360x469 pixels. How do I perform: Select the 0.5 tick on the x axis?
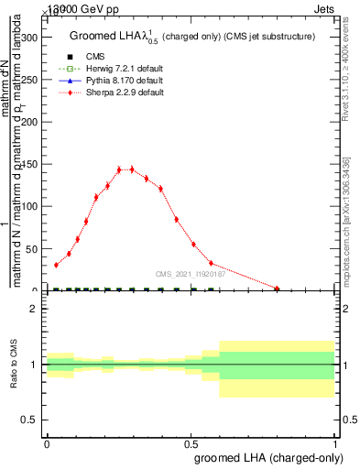coord(191,442)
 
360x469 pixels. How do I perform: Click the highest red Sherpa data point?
coord(119,169)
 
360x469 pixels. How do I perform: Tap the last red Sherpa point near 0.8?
coord(277,289)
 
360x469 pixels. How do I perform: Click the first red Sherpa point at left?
coord(56,265)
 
